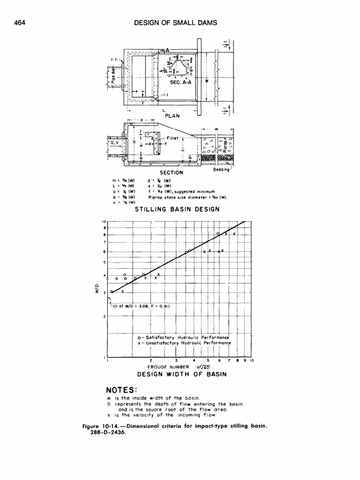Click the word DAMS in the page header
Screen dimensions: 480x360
pyautogui.click(x=206, y=22)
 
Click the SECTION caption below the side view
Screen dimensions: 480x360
pyautogui.click(x=171, y=172)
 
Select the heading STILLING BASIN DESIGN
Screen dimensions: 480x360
pyautogui.click(x=177, y=209)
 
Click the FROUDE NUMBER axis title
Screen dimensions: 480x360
pyautogui.click(x=164, y=367)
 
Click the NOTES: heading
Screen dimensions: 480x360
pyautogui.click(x=124, y=389)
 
